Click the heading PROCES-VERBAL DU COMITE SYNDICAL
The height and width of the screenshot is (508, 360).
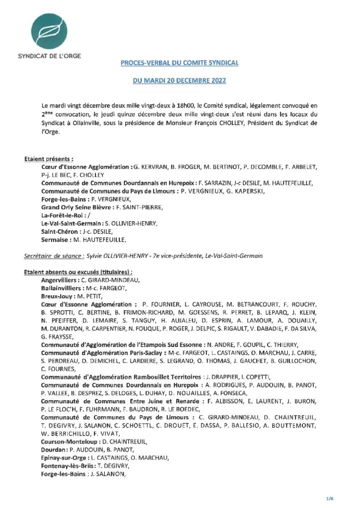pyautogui.click(x=180, y=63)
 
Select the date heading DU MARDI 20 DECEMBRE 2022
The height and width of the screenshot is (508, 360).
pyautogui.click(x=180, y=80)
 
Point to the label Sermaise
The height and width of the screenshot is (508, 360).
pyautogui.click(x=56, y=240)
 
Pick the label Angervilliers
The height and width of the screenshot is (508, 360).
pyautogui.click(x=62, y=280)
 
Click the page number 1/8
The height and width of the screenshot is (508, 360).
pyautogui.click(x=343, y=497)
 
